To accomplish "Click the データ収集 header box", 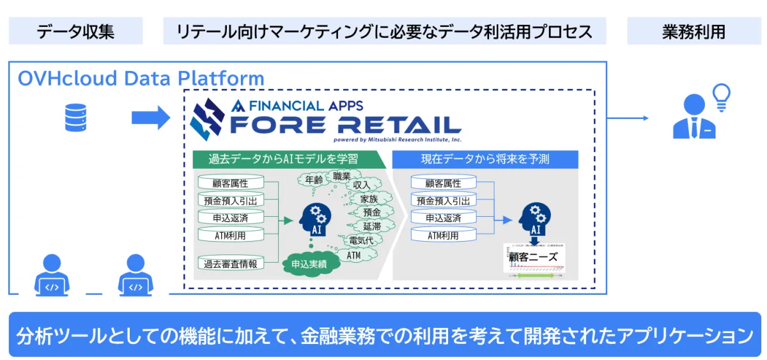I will (x=75, y=31).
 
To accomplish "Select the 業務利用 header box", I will (x=693, y=31).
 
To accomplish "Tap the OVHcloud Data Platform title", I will (x=141, y=79).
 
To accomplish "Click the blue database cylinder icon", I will (x=75, y=118).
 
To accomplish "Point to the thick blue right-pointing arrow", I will (x=150, y=118).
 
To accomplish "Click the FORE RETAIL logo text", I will (x=345, y=123).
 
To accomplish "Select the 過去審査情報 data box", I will (x=230, y=263).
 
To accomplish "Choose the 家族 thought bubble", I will (x=369, y=199).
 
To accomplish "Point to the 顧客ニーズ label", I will (x=533, y=257).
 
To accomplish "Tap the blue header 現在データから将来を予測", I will (x=485, y=159).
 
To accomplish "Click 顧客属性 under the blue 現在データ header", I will (x=443, y=184).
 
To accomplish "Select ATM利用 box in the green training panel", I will (x=230, y=235).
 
